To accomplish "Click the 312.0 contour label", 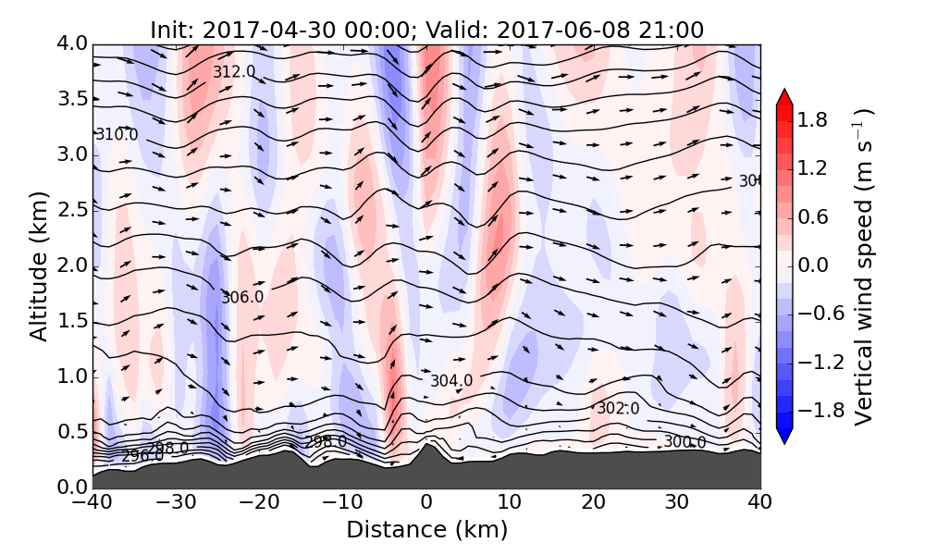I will point(234,72).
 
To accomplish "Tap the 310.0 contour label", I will point(117,135).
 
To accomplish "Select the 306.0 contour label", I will point(242,297).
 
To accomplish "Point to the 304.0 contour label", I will point(451,380).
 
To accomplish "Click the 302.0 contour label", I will point(618,408).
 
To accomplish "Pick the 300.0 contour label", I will point(684,442).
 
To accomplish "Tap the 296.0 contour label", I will point(142,456).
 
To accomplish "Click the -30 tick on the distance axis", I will point(176,503).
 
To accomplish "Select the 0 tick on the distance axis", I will point(426,503).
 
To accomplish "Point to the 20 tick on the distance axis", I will point(593,503).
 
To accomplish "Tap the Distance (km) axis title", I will point(426,530).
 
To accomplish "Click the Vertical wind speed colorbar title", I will point(863,266).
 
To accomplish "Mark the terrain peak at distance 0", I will point(426,445).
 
